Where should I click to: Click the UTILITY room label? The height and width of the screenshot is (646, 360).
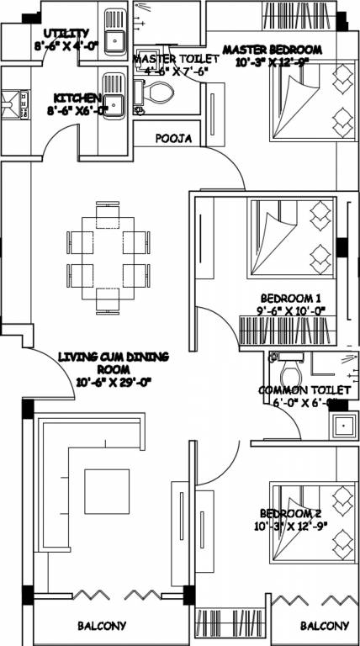(61, 33)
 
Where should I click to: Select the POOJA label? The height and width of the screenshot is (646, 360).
(174, 138)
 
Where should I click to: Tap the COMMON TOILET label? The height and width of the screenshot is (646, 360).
(304, 390)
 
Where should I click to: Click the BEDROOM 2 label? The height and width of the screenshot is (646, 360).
(290, 514)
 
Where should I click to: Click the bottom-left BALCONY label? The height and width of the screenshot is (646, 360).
(102, 627)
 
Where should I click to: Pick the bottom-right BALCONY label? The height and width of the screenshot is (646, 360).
(324, 627)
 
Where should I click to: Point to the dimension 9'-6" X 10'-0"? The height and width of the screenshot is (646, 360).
(292, 311)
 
